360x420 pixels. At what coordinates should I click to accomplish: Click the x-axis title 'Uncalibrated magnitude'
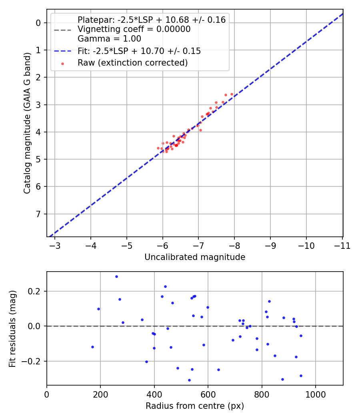coord(194,257)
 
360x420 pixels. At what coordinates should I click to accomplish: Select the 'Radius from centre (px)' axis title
coord(194,406)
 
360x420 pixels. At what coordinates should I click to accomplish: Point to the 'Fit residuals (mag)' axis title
coord(13,328)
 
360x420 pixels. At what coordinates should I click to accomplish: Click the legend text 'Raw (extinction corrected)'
coord(132,63)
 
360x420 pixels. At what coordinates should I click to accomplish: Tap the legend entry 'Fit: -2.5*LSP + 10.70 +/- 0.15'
coord(139,51)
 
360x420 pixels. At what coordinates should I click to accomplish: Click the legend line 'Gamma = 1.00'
coord(109,39)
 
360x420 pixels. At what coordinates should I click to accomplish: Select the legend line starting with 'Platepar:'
coord(152,20)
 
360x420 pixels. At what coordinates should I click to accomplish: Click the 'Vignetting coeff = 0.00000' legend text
coord(134,29)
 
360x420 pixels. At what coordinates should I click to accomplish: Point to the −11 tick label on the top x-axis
coord(342,246)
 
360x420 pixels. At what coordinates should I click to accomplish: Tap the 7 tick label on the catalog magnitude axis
coord(38,214)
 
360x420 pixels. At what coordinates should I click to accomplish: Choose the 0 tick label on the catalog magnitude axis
coord(38,23)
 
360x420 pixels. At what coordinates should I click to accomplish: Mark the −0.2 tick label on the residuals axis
coord(34,361)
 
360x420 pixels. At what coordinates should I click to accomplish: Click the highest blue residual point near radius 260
coord(116,276)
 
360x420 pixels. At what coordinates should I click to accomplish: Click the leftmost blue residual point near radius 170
coord(92,347)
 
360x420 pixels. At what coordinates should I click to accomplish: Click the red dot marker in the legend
coord(62,63)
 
